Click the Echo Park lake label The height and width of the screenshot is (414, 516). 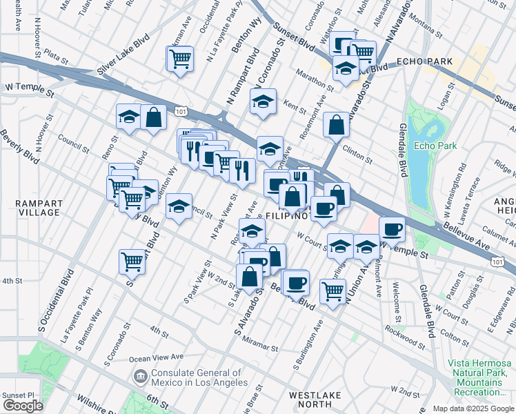coord(433,146)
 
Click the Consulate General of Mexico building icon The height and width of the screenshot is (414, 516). coord(139,375)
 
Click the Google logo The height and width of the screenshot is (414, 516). coord(22,406)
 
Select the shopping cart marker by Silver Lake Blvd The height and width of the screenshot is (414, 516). coord(179,59)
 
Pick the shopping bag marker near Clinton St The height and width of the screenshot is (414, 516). coord(336,126)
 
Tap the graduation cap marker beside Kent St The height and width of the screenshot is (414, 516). coord(263,102)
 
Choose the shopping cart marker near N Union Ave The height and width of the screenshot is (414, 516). coord(333,293)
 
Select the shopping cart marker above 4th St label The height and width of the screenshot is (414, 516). coord(132,262)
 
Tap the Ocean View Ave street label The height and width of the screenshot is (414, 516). coord(157,357)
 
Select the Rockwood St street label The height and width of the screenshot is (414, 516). coord(406,339)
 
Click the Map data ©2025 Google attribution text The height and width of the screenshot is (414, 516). coord(473,408)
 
